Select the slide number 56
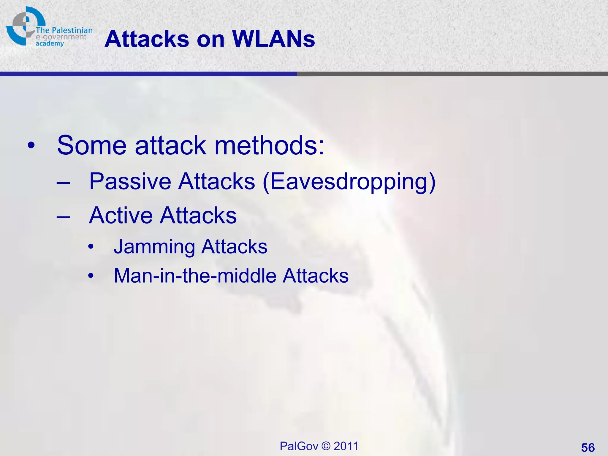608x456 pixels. point(588,447)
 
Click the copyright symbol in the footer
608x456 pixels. point(326,446)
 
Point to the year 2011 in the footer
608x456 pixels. point(346,446)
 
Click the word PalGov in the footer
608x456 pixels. point(299,446)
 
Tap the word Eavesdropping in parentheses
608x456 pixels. point(349,181)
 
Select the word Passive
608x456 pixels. point(130,181)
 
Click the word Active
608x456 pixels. point(121,215)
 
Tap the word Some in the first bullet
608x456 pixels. point(92,145)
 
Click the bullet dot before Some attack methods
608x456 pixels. point(31,146)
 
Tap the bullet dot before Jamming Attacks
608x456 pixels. point(91,247)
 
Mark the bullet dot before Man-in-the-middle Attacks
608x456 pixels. point(91,276)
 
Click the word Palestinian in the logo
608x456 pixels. point(72,30)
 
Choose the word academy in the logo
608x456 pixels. point(50,44)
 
